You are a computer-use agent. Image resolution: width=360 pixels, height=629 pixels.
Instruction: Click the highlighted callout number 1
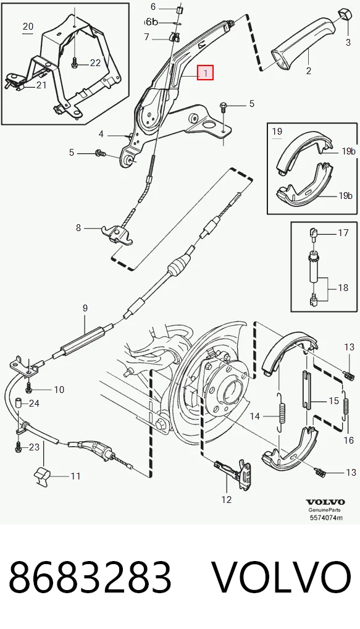tap(205, 74)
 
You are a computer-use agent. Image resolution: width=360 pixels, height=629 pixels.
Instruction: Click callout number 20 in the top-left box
tap(28, 27)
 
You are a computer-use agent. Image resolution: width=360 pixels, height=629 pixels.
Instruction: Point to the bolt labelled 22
tap(75, 63)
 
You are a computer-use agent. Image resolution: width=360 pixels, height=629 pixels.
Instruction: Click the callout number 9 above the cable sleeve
tap(85, 308)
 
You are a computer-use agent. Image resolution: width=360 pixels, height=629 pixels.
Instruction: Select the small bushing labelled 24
tap(19, 403)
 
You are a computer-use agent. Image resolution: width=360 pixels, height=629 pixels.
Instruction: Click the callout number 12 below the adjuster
tap(227, 499)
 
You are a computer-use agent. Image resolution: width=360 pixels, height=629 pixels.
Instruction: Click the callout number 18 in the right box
tap(343, 288)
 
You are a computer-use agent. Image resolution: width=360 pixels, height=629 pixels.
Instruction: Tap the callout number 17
tap(343, 232)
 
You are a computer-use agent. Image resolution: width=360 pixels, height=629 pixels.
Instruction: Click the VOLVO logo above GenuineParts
tap(325, 502)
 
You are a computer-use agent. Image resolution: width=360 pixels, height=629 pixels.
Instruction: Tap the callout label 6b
tap(152, 21)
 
